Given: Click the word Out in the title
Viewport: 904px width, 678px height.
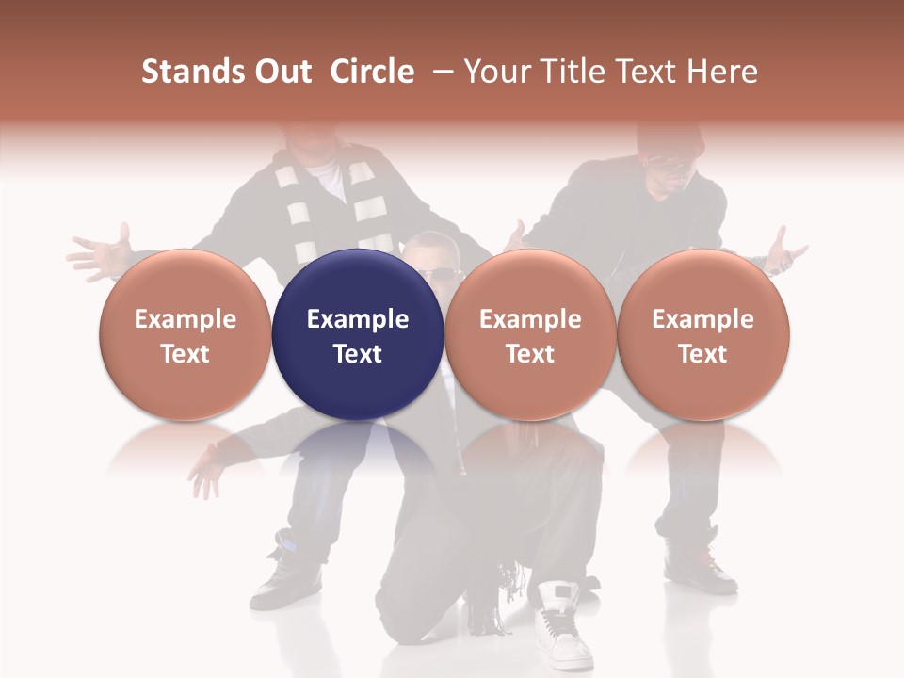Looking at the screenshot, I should tap(282, 72).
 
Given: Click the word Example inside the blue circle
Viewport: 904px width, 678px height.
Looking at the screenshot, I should tap(358, 319).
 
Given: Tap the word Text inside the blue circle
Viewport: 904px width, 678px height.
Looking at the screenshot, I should tap(358, 354).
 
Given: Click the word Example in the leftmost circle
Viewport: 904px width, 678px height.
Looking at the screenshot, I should tap(185, 319).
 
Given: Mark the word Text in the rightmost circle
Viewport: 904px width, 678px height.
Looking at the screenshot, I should tap(702, 354).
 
